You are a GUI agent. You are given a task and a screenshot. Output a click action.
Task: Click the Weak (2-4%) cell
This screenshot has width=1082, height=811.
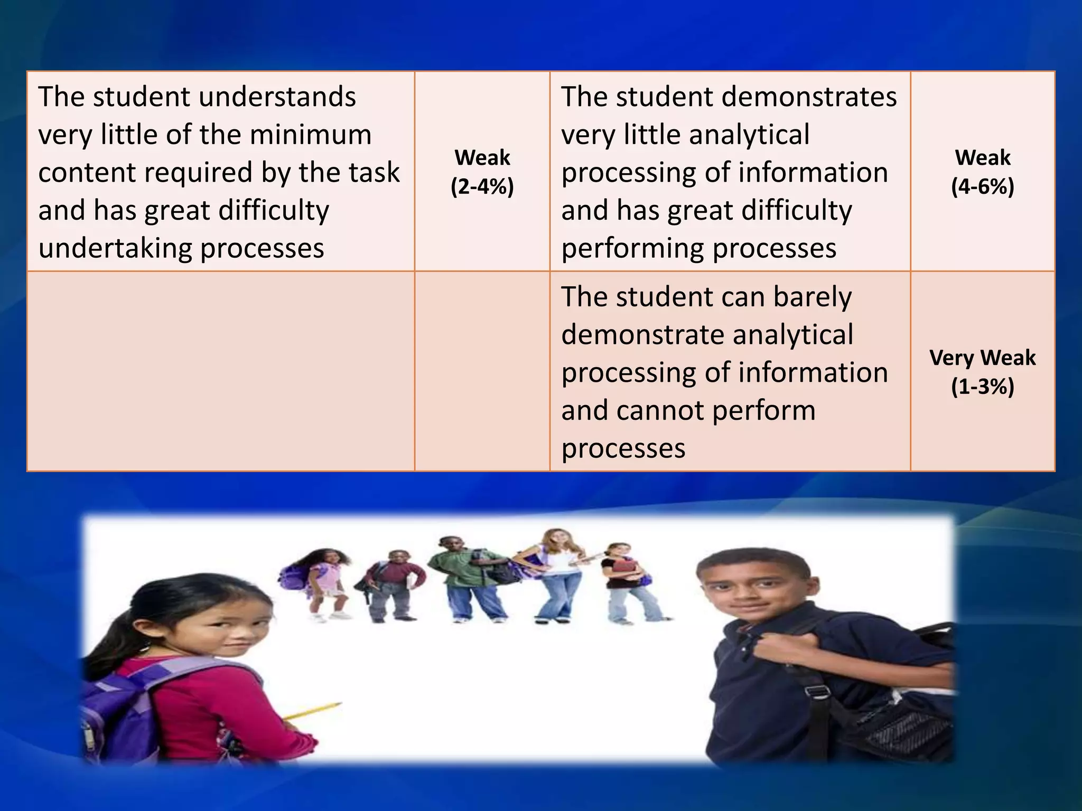(482, 172)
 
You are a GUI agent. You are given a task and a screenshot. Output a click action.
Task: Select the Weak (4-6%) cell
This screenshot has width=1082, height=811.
(982, 172)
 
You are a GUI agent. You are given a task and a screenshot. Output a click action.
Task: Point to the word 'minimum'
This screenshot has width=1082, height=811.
(311, 135)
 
